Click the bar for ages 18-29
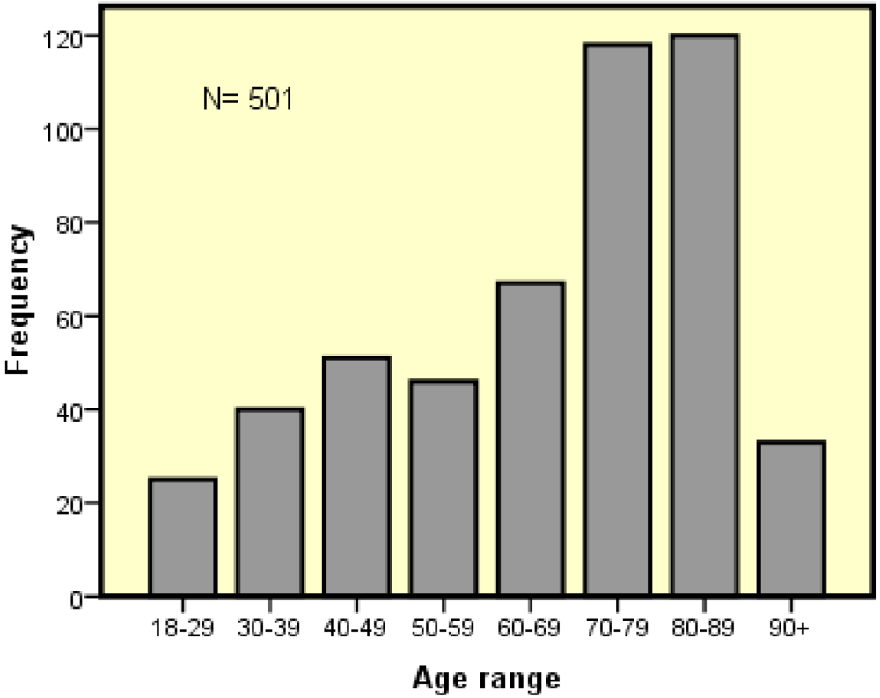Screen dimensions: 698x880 182,538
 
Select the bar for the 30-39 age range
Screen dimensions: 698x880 269,503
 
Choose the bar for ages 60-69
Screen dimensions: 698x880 530,439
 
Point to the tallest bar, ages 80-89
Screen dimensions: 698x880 703,316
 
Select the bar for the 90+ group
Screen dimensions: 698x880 790,519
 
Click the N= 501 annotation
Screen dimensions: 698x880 247,99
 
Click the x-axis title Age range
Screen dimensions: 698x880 486,679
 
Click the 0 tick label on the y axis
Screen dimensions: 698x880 77,598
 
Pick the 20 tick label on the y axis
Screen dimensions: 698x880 72,504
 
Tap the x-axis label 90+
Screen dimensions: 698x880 790,628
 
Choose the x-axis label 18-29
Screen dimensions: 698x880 182,628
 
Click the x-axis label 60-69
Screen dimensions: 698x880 530,628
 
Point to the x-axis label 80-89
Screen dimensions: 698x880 703,628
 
